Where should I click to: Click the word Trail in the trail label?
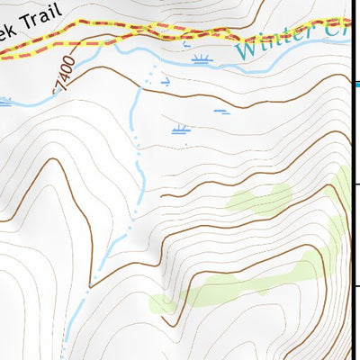40,19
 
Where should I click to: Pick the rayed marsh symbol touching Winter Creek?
202,60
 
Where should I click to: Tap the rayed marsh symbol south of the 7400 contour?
182,130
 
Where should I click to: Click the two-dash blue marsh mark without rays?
221,112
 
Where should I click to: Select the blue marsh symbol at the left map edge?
4,103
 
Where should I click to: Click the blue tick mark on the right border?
356,85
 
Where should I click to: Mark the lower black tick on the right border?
356,287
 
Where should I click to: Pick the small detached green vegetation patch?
259,197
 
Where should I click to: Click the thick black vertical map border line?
351,225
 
